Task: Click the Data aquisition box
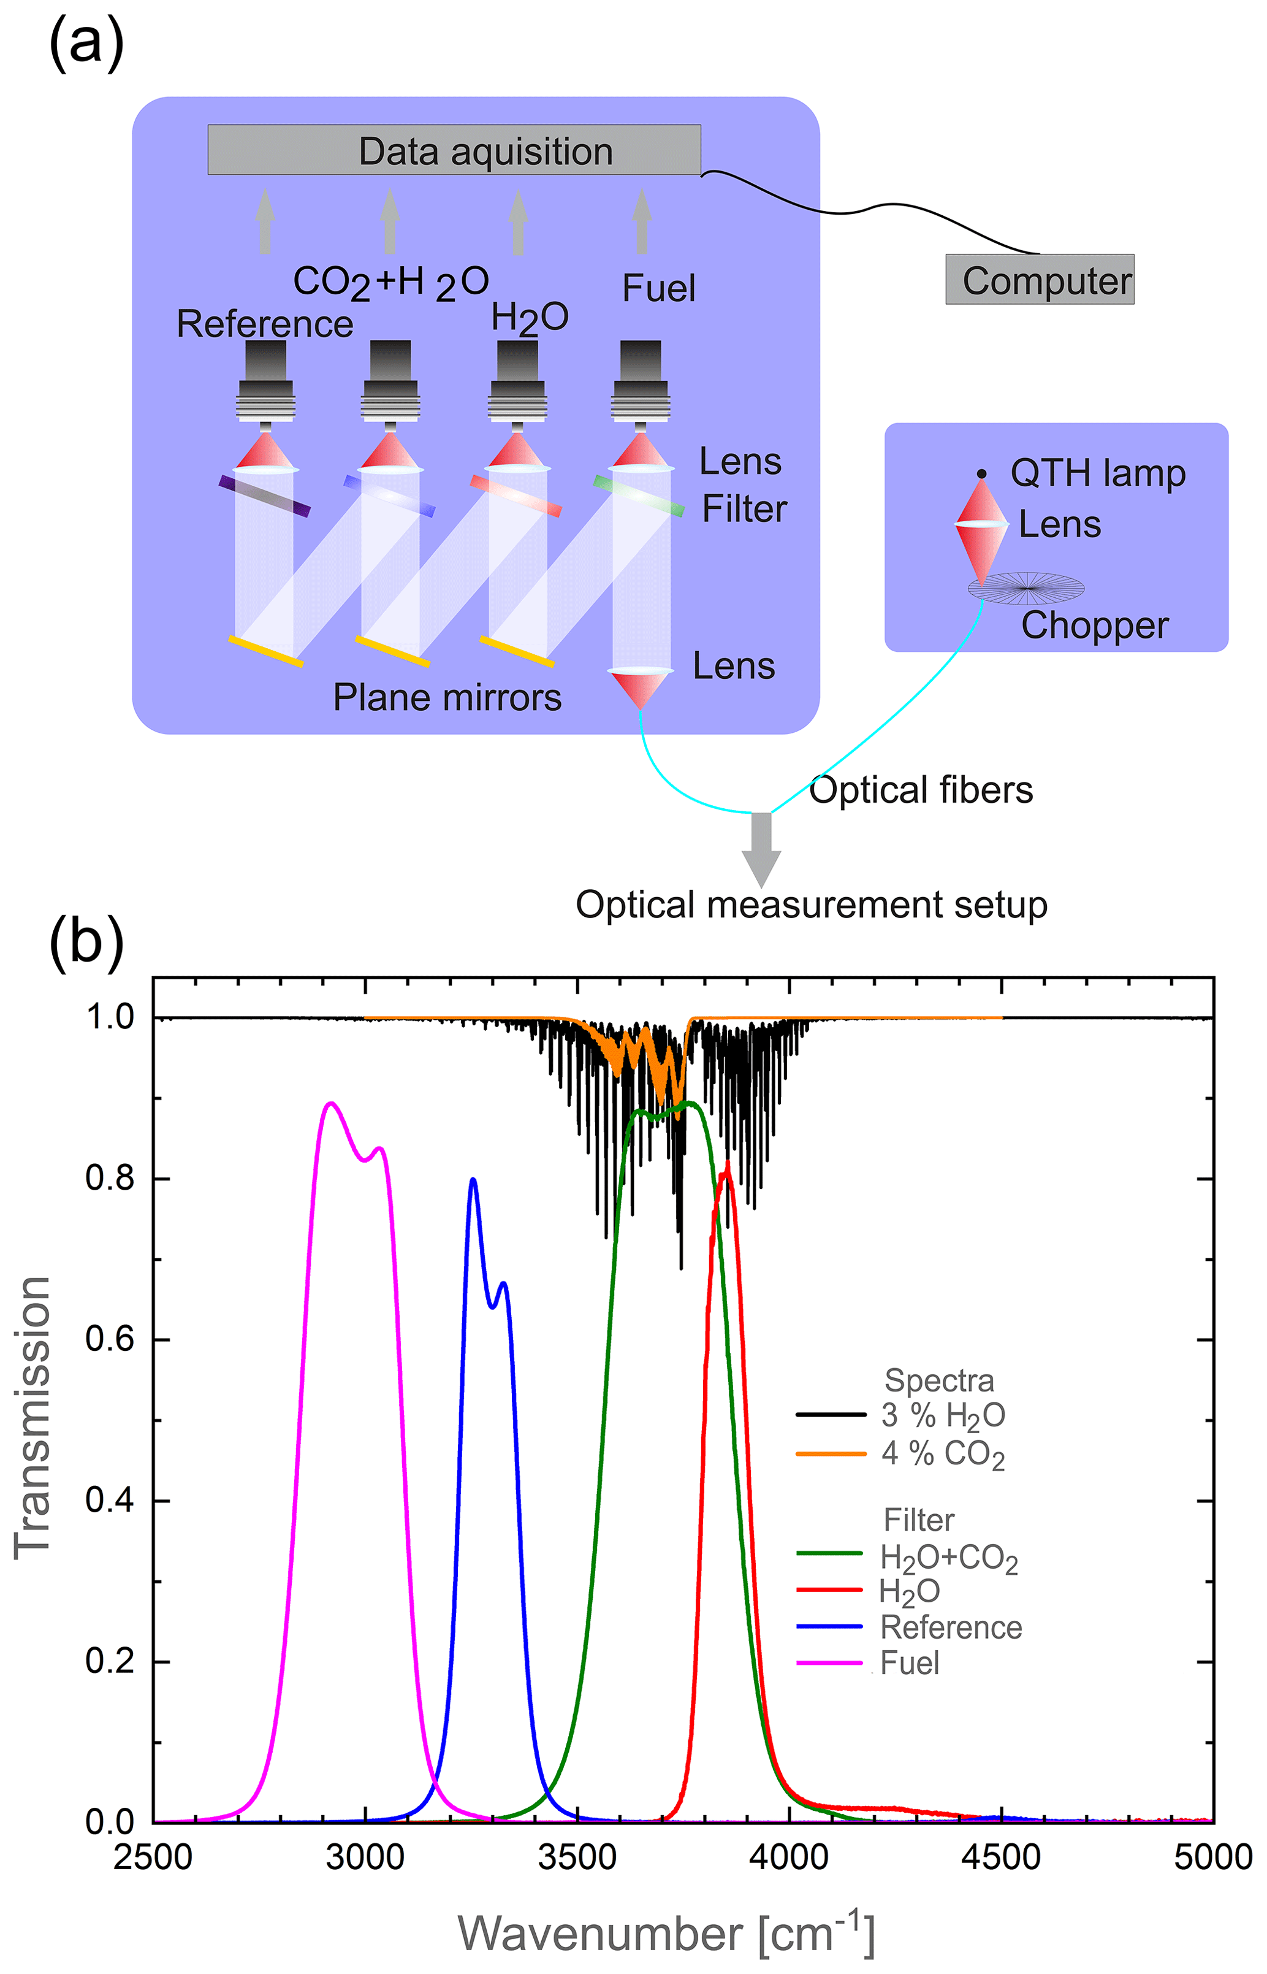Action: tap(454, 150)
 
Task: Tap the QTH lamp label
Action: tap(1098, 473)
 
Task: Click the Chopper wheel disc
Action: tap(1025, 587)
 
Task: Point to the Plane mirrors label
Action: tap(447, 698)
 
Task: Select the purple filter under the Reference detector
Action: tap(264, 495)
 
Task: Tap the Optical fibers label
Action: tap(921, 790)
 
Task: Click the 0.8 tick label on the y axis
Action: tap(110, 1178)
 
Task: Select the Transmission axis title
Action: tap(33, 1416)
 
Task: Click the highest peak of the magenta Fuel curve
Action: tap(331, 1103)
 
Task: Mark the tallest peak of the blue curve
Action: tap(473, 1179)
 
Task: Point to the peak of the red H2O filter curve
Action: tap(726, 1163)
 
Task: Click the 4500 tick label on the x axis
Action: tap(1001, 1857)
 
